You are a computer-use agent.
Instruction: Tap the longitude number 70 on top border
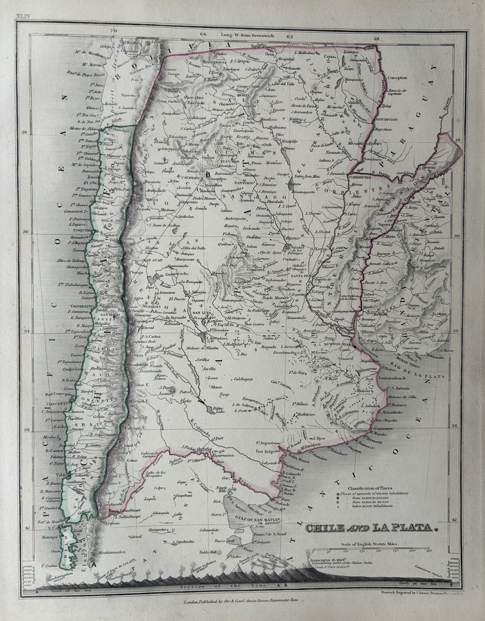pos(114,30)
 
